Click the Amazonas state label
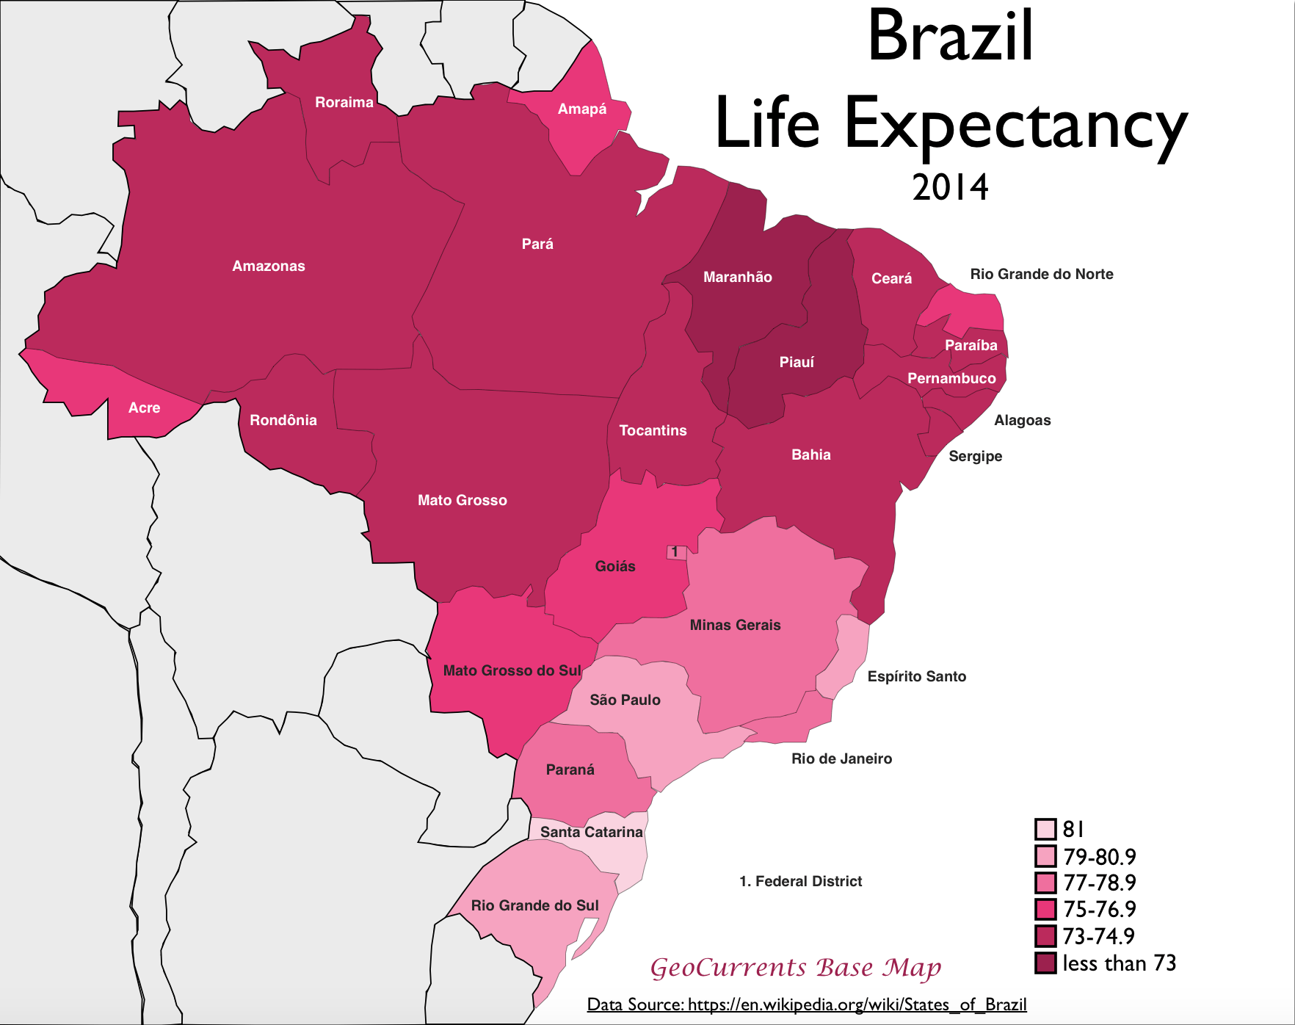coord(269,266)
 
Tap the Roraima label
coord(344,102)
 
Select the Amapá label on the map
coord(582,109)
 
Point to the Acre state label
coord(144,408)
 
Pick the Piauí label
coord(797,362)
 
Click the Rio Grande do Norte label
coord(1041,274)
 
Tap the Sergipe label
coord(975,456)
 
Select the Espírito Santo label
coord(916,676)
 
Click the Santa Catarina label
coord(591,832)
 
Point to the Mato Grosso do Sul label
coord(512,670)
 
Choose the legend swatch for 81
coord(1045,829)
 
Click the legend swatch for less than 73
coord(1045,963)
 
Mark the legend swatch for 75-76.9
coord(1045,909)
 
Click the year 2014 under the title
coord(950,187)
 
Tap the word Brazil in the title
coord(950,37)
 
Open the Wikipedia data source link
coord(807,1004)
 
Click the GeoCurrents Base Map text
coord(796,968)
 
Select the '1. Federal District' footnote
coord(800,881)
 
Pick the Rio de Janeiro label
coord(841,758)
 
